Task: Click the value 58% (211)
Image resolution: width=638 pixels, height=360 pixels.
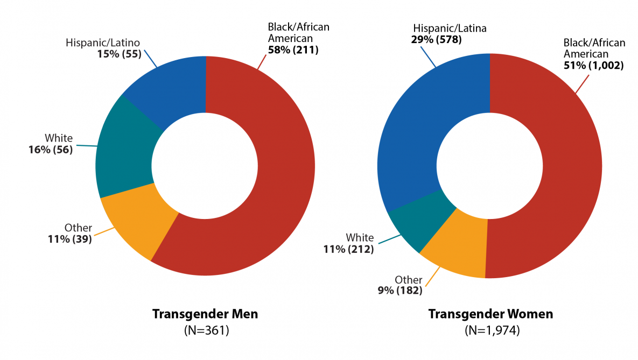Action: click(x=293, y=50)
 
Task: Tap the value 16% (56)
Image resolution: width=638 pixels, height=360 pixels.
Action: click(x=51, y=149)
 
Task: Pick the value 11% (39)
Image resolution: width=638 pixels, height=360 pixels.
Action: click(x=70, y=239)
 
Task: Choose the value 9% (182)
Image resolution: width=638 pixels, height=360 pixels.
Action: click(x=399, y=291)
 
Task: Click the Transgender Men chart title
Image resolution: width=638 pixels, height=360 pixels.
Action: click(x=205, y=314)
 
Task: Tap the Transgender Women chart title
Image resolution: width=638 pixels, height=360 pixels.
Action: click(x=490, y=314)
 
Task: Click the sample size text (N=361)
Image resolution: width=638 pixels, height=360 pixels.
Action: click(x=207, y=330)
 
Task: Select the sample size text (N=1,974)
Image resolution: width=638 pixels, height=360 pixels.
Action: click(x=492, y=330)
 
